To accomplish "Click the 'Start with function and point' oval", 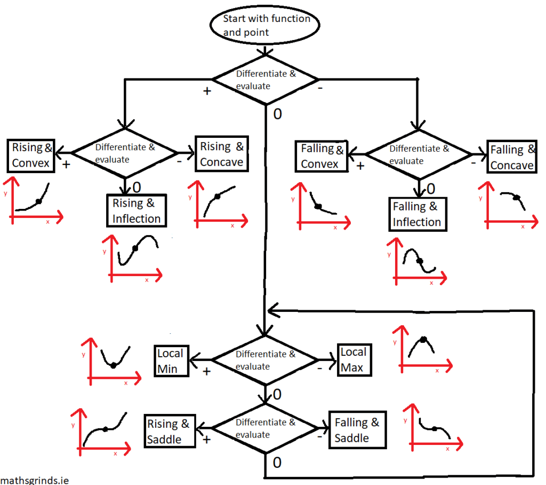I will [x=266, y=25].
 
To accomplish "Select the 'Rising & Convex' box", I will [x=31, y=155].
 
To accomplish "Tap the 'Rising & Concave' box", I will [x=222, y=154].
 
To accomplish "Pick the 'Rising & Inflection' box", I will [x=136, y=211].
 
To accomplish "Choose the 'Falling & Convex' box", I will [x=322, y=157].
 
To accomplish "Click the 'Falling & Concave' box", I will [x=512, y=158].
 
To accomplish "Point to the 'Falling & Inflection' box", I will [x=417, y=214].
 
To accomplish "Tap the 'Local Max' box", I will [x=353, y=360].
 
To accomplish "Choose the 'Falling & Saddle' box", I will [x=357, y=430].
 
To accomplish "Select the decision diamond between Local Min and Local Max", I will [x=265, y=360].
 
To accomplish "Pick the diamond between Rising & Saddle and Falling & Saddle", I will [x=265, y=428].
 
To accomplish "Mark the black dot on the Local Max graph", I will [x=423, y=340].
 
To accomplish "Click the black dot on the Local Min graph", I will [x=113, y=365].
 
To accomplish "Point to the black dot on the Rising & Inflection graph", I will [x=135, y=248].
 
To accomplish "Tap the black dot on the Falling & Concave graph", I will [x=516, y=198].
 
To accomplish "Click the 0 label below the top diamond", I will [x=277, y=114].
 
